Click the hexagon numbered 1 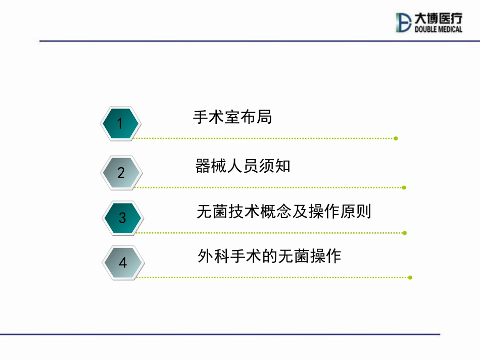(x=120, y=123)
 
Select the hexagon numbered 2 (x=121, y=173)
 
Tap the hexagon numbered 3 (x=122, y=218)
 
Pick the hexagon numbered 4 (x=123, y=263)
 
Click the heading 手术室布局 (x=232, y=117)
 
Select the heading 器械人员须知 (x=243, y=166)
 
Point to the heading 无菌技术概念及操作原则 (x=284, y=212)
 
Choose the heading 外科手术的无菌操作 (x=269, y=256)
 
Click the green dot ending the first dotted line (x=396, y=138)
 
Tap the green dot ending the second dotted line (x=404, y=188)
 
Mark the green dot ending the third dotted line (x=405, y=233)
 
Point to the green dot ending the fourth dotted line (x=410, y=277)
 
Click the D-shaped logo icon (x=404, y=23)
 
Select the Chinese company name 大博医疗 (x=438, y=19)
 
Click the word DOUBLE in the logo (x=426, y=29)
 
